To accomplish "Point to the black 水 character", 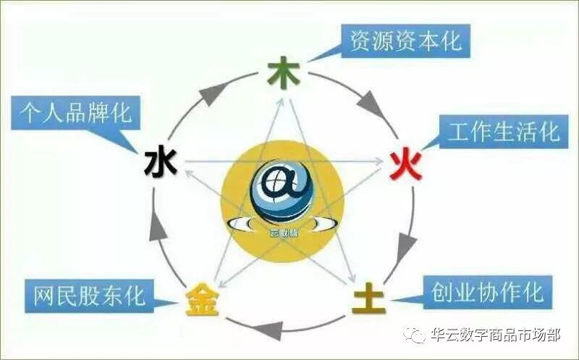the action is coord(161,162).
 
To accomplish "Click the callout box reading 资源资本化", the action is coord(405,40).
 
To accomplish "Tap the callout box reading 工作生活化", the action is coord(504,133).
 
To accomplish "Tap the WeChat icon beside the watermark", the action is coord(415,335).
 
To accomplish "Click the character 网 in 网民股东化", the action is coord(44,296).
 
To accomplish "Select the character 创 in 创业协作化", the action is coord(443,293).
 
